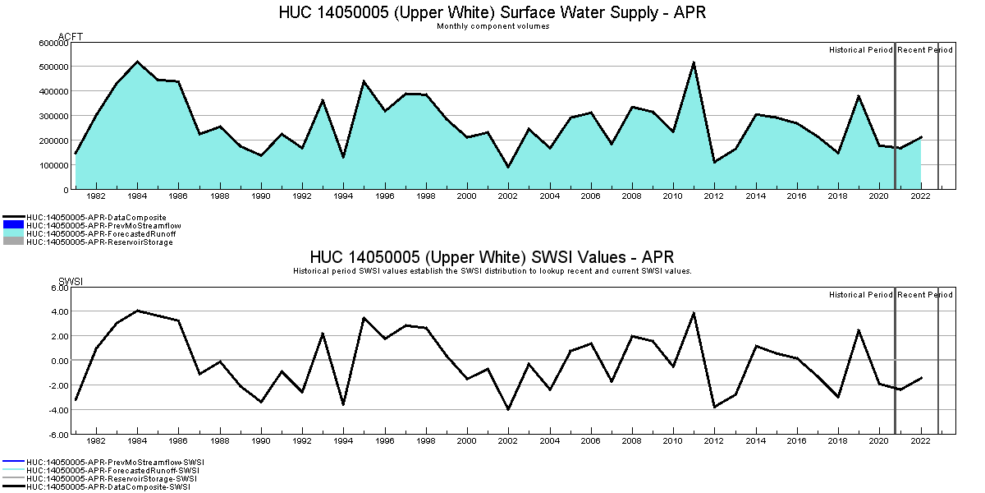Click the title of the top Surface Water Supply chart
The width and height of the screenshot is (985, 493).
point(492,12)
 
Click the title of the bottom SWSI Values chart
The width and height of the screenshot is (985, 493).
point(492,257)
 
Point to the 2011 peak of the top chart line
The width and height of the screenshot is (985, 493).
point(694,62)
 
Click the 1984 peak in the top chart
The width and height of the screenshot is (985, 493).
point(137,62)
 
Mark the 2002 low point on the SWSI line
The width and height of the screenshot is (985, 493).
point(508,409)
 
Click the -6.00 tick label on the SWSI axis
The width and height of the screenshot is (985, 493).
point(57,434)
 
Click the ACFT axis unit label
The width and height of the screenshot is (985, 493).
point(70,36)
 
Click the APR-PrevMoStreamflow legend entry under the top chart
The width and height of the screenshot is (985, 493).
point(103,225)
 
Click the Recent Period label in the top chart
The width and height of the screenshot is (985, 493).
point(925,50)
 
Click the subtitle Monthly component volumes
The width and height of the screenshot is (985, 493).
point(492,26)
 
